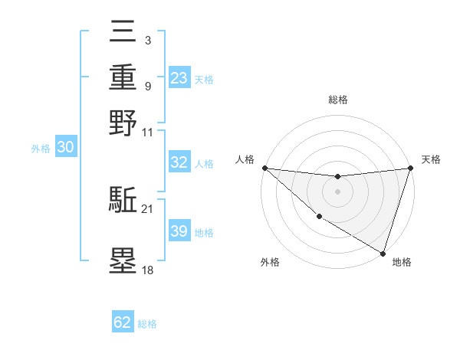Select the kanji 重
pyautogui.click(x=123, y=78)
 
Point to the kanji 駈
pyautogui.click(x=123, y=201)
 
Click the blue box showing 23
pyautogui.click(x=179, y=77)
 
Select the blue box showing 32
pyautogui.click(x=179, y=162)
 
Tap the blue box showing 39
pyautogui.click(x=179, y=231)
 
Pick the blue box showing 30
pyautogui.click(x=65, y=148)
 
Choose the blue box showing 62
pyautogui.click(x=123, y=322)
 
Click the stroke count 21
pyautogui.click(x=148, y=208)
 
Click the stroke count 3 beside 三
pyautogui.click(x=147, y=39)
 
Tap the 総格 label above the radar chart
pyautogui.click(x=338, y=100)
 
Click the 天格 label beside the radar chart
pyautogui.click(x=432, y=159)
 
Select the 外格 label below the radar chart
pyautogui.click(x=270, y=262)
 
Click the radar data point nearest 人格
pyautogui.click(x=264, y=167)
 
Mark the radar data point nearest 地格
pyautogui.click(x=383, y=253)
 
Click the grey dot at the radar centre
pyautogui.click(x=338, y=191)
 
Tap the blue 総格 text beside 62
pyautogui.click(x=147, y=324)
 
